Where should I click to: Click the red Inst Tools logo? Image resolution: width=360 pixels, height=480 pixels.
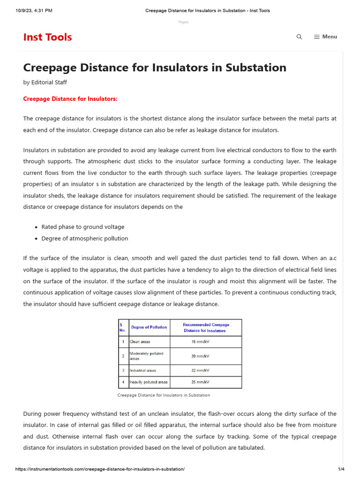47,37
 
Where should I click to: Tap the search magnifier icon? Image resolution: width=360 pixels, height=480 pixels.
299,37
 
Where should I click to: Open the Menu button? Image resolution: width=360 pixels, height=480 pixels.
325,37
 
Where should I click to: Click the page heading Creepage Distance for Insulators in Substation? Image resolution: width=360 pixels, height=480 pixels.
155,67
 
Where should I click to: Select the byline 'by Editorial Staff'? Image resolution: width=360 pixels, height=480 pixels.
45,82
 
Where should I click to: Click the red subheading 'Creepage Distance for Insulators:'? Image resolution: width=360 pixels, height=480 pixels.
70,98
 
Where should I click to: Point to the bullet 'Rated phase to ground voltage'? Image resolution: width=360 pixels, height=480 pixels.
83,227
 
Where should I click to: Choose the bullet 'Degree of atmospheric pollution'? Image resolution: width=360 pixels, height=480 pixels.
84,238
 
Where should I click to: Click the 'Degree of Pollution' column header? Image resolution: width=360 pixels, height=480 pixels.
149,327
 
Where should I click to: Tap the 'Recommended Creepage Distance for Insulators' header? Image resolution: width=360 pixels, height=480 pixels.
206,327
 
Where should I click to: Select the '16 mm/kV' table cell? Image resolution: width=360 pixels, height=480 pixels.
200,342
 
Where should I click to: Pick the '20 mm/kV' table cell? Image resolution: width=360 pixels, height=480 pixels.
200,356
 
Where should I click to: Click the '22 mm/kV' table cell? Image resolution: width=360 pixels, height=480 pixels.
200,370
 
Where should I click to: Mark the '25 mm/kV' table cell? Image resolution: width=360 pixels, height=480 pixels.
200,382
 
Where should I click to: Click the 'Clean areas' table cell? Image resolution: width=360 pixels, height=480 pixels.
140,342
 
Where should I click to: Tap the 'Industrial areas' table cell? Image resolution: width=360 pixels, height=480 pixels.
142,370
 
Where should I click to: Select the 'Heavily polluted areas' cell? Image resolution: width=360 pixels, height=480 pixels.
148,382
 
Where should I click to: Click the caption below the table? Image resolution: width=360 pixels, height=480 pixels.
164,395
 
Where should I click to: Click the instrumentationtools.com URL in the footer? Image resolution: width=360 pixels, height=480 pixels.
94,469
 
